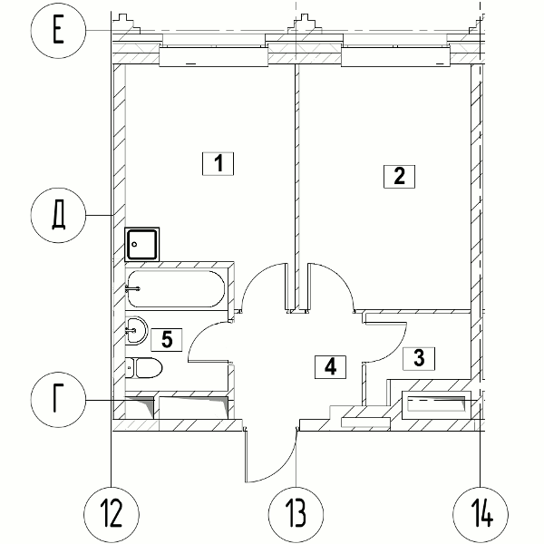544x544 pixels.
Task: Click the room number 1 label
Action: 218,163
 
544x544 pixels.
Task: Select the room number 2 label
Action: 399,177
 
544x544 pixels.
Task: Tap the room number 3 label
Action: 419,358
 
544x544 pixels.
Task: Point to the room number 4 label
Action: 330,366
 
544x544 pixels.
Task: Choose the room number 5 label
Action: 167,339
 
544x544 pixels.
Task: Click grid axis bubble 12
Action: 112,514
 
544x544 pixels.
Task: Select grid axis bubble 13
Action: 296,514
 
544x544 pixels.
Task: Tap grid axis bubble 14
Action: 481,514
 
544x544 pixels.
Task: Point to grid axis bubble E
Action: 58,31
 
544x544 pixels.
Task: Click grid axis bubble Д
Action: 58,215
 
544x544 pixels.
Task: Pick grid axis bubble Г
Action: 58,400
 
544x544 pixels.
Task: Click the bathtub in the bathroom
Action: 176,289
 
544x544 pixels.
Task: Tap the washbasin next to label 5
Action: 136,330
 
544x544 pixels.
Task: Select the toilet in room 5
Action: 143,368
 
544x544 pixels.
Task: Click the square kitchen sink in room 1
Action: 142,244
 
